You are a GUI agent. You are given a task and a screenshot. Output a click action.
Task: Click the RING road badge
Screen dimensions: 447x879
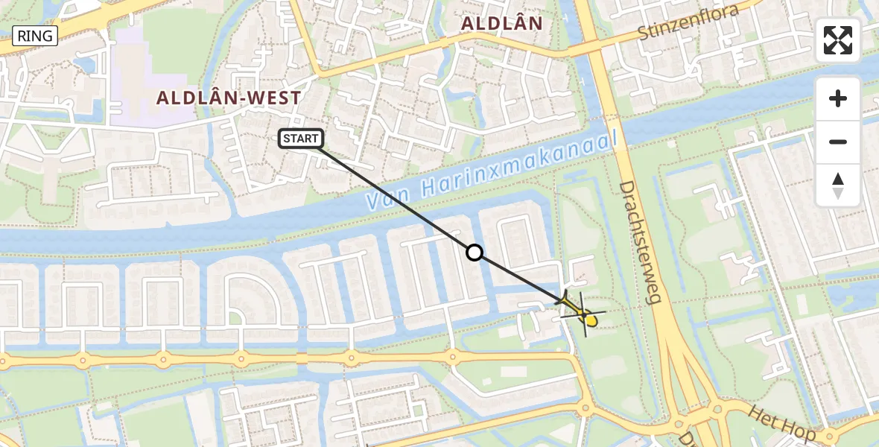35,35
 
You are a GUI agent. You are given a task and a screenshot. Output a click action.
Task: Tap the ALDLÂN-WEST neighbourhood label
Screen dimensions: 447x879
229,98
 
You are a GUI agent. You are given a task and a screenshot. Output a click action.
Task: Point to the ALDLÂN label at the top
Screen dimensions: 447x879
501,23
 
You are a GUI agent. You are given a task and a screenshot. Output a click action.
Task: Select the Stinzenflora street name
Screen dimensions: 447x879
688,23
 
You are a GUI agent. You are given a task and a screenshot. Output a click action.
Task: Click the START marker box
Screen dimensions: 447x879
301,138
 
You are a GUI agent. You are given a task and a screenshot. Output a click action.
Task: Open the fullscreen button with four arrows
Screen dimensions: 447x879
837,39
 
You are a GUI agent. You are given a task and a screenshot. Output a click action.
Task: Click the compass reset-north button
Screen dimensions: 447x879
837,186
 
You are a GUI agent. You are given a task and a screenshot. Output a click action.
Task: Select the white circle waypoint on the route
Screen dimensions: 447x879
475,253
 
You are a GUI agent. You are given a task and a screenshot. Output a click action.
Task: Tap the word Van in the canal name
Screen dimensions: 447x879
387,196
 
